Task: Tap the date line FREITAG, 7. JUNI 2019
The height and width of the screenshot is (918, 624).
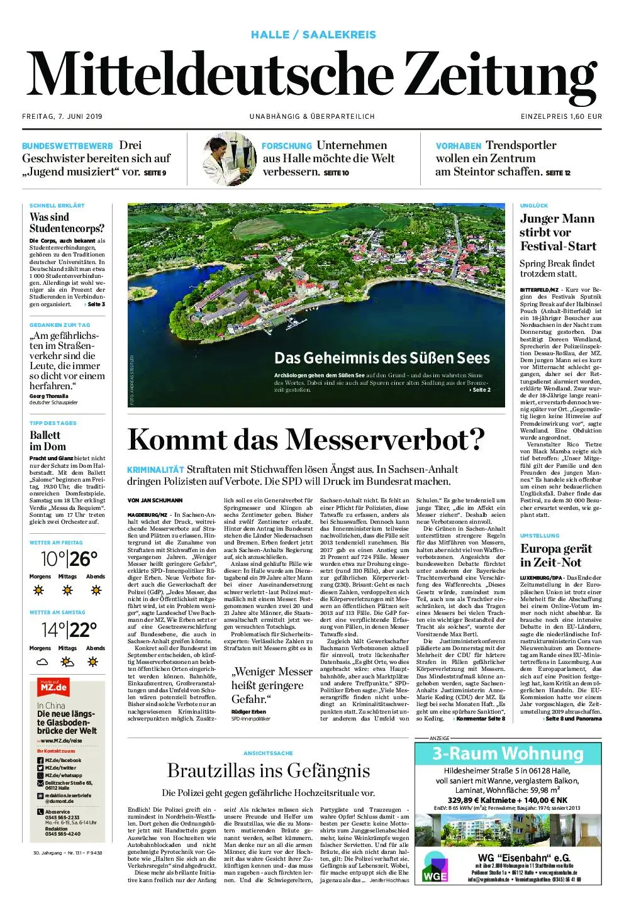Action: (x=62, y=116)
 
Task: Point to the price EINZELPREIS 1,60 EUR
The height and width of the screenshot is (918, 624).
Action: (x=561, y=116)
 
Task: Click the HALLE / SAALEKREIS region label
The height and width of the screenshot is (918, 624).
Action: (x=313, y=35)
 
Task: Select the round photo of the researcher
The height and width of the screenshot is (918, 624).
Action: (x=230, y=158)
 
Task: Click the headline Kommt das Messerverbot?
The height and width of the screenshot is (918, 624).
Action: (x=306, y=440)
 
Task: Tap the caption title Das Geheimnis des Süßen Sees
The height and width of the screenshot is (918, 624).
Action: (x=382, y=358)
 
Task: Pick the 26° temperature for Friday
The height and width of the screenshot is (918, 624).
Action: (x=84, y=558)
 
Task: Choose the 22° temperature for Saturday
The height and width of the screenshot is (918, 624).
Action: (x=84, y=629)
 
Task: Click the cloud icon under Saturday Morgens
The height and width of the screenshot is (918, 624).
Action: (x=42, y=661)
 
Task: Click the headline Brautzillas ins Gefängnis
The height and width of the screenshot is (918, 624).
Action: (x=269, y=770)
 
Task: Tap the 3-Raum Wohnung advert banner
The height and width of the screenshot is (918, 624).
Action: (x=508, y=753)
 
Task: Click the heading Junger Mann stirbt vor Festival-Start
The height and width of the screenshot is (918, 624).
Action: (x=557, y=232)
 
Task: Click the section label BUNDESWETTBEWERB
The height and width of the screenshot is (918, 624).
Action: (x=67, y=146)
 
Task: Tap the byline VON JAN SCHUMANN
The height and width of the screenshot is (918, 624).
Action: (x=155, y=500)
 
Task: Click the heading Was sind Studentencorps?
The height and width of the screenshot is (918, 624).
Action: (x=67, y=223)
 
